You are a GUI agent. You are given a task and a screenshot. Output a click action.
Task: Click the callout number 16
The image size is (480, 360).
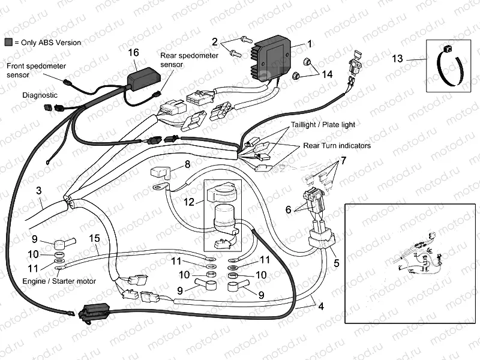pyautogui.click(x=134, y=53)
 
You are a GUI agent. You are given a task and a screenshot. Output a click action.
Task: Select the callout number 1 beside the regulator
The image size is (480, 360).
pyautogui.click(x=310, y=44)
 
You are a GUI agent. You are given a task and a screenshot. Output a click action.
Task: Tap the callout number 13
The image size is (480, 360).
pyautogui.click(x=398, y=59)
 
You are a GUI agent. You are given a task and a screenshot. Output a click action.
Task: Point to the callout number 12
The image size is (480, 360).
pyautogui.click(x=189, y=202)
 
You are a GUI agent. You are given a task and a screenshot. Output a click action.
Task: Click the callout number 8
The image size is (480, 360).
pyautogui.click(x=187, y=164)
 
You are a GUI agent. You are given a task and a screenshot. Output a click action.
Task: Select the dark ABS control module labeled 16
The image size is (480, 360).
pyautogui.click(x=142, y=77)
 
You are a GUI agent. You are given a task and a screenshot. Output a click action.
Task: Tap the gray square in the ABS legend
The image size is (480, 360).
pyautogui.click(x=8, y=43)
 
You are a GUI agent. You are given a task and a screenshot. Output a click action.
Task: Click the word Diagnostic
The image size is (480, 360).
pyautogui.click(x=40, y=95)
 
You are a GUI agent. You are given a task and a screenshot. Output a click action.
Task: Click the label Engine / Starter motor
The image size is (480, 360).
pyautogui.click(x=59, y=281)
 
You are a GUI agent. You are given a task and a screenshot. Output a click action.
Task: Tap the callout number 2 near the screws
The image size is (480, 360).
pyautogui.click(x=214, y=41)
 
